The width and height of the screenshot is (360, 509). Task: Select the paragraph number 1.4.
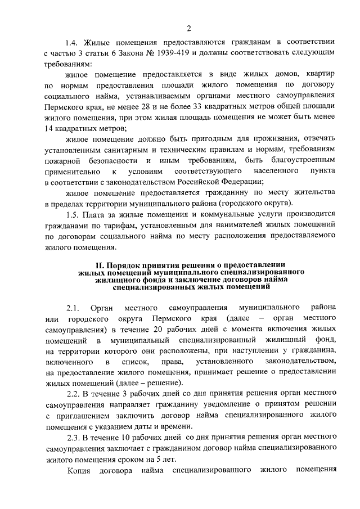click(x=72, y=42)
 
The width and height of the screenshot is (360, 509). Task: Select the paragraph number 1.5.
click(x=73, y=214)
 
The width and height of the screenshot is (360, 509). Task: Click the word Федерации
click(x=239, y=182)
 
